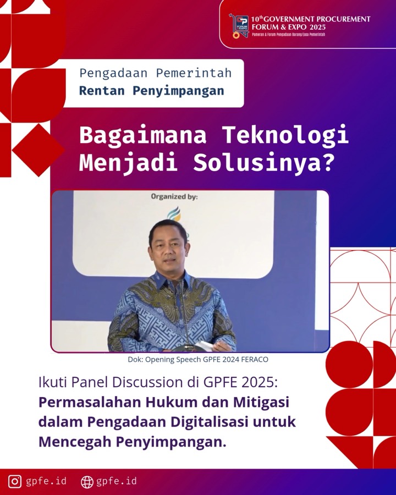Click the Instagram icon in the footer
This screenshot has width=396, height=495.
(x=15, y=481)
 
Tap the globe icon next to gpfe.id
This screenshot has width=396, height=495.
(x=87, y=482)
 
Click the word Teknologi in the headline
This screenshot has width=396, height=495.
(x=285, y=135)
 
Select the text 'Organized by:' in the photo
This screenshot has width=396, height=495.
(x=174, y=196)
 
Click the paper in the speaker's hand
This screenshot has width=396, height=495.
(x=205, y=346)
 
